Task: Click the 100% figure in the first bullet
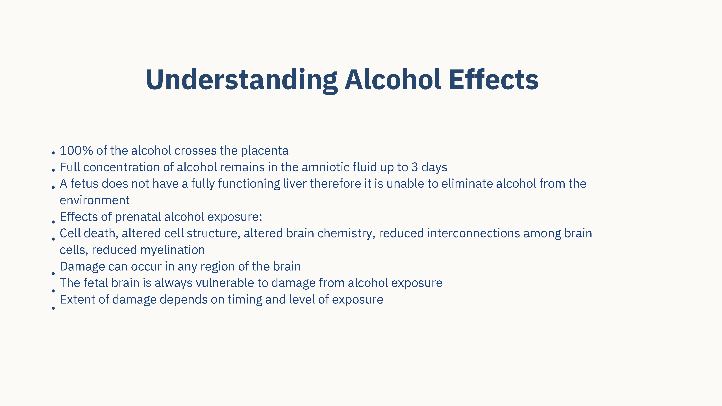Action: [76, 150]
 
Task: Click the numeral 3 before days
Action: [415, 167]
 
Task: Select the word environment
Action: [95, 200]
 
